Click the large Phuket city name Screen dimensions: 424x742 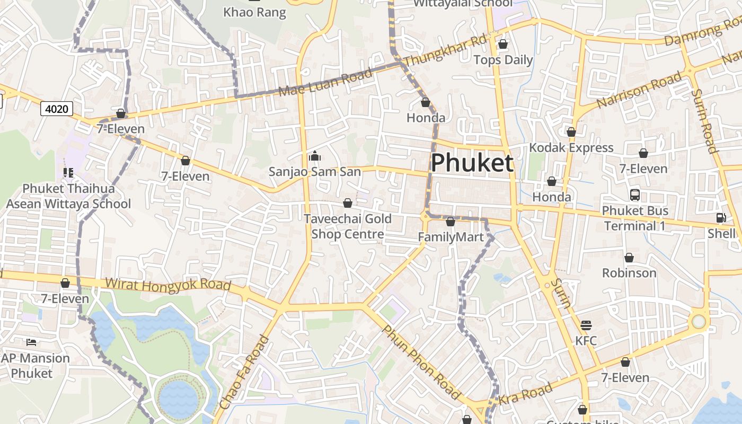click(x=472, y=163)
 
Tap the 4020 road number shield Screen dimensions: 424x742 click(x=57, y=109)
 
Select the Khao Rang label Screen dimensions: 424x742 click(x=254, y=12)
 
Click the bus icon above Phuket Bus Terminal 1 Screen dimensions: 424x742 click(x=635, y=195)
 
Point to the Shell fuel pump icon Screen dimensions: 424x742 click(x=721, y=218)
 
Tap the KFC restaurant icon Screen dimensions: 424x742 click(x=586, y=325)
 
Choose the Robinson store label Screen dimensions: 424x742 click(x=629, y=273)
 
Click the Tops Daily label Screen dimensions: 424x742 click(x=503, y=60)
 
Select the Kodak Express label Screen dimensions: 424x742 click(x=571, y=148)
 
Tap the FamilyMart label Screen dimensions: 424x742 click(x=451, y=237)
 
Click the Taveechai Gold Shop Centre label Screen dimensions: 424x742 click(x=348, y=226)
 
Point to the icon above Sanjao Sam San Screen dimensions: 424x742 click(x=315, y=156)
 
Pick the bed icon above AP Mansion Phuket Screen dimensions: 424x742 click(x=31, y=342)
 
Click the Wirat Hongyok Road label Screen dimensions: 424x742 click(x=168, y=285)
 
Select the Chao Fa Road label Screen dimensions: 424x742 click(x=244, y=372)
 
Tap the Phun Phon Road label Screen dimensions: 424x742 click(x=421, y=363)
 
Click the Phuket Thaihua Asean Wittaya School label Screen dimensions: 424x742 click(x=68, y=196)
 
